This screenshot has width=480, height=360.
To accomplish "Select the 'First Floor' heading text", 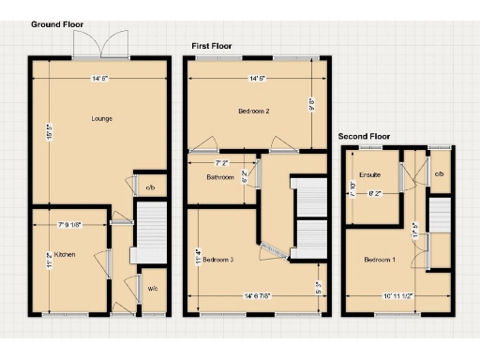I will click(211, 45).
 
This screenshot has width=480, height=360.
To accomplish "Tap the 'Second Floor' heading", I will click(363, 136).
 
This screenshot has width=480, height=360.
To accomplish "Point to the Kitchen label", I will click(64, 254).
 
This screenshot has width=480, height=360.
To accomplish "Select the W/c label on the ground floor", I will click(152, 289).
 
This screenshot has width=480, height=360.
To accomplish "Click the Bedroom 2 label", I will click(254, 112).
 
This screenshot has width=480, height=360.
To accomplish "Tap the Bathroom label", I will click(219, 176).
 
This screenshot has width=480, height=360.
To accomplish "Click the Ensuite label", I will click(368, 174).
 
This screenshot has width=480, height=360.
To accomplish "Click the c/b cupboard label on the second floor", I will click(439, 174).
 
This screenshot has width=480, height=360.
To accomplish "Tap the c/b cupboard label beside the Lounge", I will click(150, 188).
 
